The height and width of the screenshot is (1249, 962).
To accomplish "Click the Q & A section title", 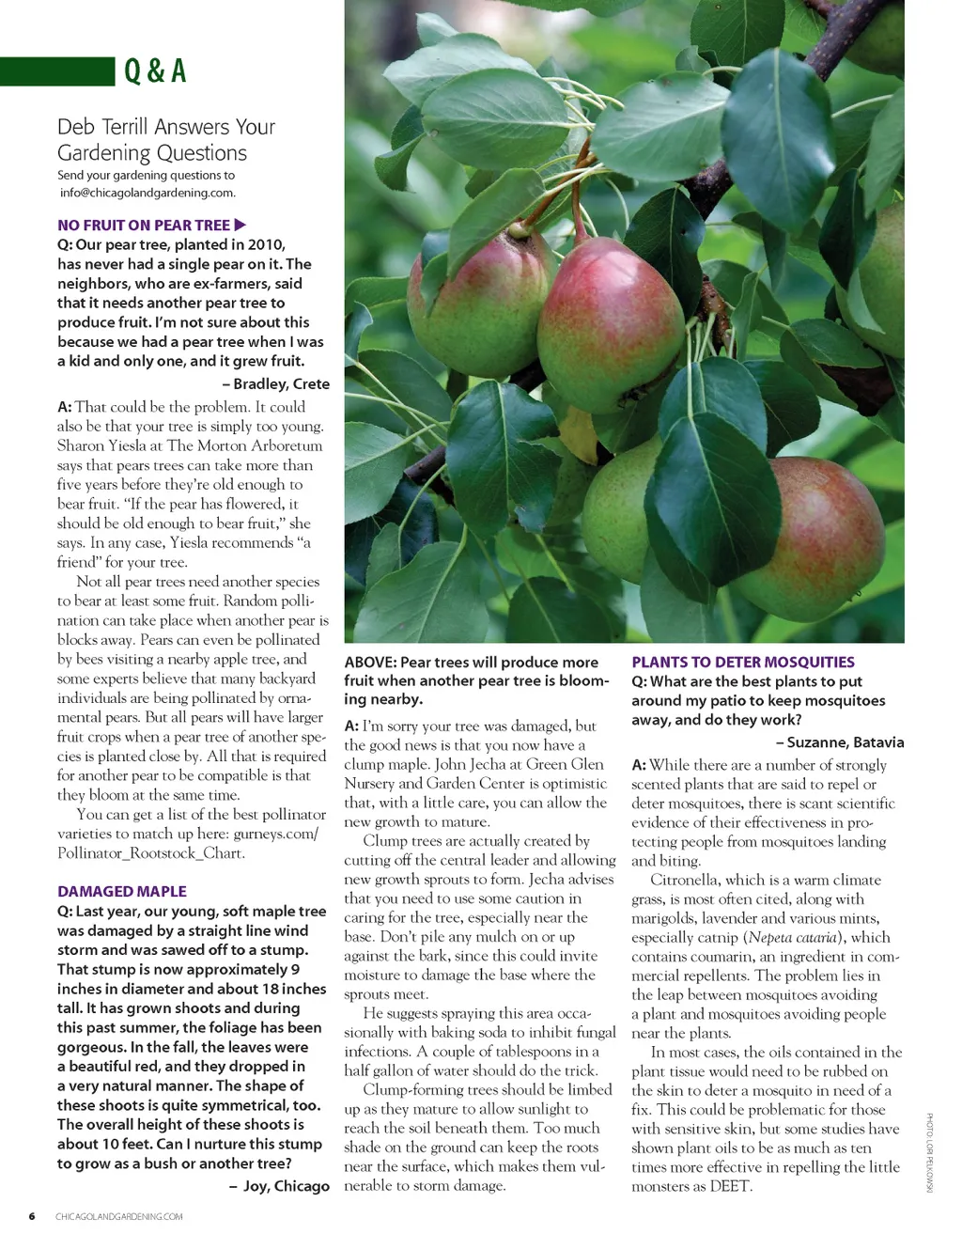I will click(x=155, y=71).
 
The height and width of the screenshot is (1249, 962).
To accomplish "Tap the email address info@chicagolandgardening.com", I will click(x=147, y=193).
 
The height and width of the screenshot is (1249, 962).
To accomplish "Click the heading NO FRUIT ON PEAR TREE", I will click(x=144, y=226).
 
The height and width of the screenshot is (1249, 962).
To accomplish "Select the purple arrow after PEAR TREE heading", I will click(x=240, y=225).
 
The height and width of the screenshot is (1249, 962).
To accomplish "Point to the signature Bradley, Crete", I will click(x=276, y=383).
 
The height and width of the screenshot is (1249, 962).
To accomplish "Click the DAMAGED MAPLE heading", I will click(x=122, y=891).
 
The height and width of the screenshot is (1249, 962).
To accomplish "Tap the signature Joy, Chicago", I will click(x=280, y=1186).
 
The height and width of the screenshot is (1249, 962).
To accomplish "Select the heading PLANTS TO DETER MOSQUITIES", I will click(x=743, y=663).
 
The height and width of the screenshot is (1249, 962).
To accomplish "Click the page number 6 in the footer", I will click(x=32, y=1216).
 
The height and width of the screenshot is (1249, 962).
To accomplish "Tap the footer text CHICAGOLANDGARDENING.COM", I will click(x=119, y=1216).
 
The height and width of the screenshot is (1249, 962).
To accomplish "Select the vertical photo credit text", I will click(x=930, y=1152).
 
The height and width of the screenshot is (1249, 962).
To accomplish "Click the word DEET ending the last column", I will click(x=730, y=1186).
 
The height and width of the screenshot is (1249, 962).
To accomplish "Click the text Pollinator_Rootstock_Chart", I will click(x=150, y=853).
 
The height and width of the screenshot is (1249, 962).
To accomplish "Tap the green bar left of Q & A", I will click(x=57, y=71).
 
